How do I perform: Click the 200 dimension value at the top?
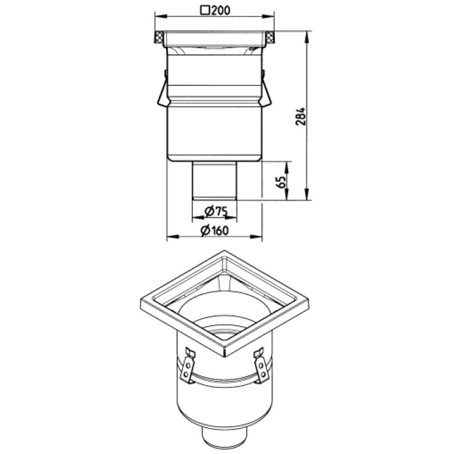[221, 10]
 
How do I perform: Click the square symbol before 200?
[205, 10]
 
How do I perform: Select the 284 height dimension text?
[300, 116]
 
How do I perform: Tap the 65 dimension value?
[281, 182]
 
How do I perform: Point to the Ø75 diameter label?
[216, 211]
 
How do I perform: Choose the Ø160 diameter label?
[215, 230]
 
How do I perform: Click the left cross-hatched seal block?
[159, 37]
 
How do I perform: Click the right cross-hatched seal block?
[270, 37]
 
